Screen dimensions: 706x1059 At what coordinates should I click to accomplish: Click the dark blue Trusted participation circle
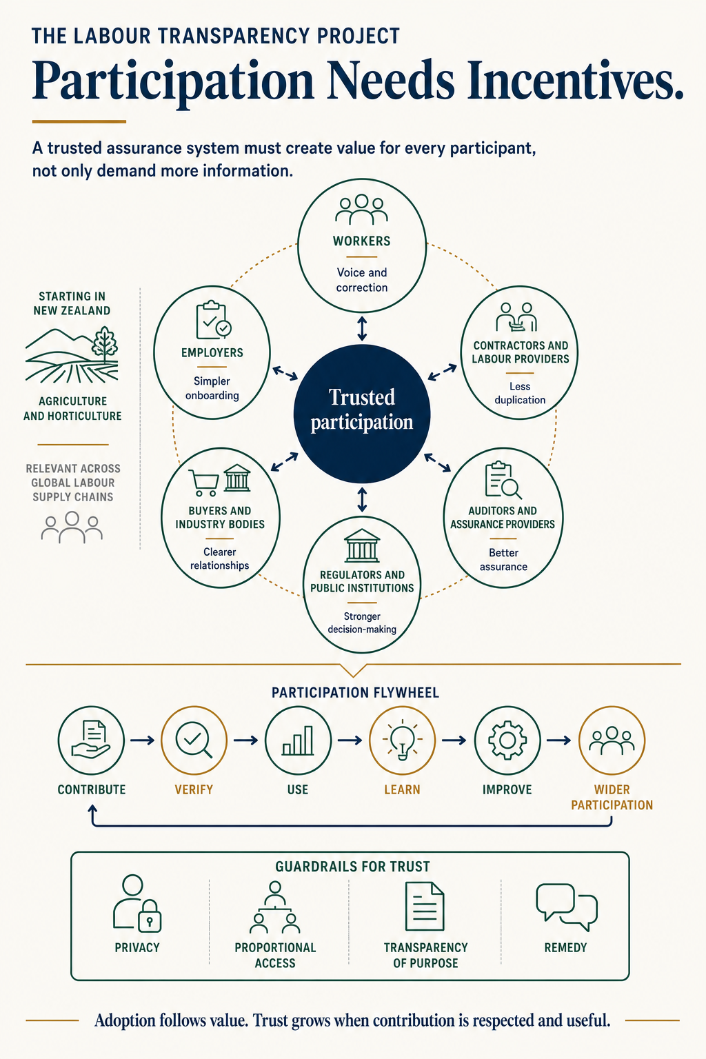362,414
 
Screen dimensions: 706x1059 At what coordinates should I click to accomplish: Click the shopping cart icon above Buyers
204,482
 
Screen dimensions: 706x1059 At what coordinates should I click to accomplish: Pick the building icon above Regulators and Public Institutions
362,545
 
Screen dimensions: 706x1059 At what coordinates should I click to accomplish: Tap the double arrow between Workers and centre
362,329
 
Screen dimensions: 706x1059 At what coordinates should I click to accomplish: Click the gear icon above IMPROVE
507,740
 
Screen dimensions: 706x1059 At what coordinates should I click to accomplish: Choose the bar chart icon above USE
298,741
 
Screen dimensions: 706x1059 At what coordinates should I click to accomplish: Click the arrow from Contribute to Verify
142,740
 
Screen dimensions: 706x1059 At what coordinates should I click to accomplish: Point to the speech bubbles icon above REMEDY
567,907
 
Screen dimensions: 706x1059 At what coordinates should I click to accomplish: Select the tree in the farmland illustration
105,343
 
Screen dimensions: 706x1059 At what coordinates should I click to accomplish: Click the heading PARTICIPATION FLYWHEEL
355,693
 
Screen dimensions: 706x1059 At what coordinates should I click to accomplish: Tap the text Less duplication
520,393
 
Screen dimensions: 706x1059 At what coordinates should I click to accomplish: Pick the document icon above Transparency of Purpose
425,907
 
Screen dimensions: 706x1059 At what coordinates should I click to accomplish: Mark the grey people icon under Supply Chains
72,527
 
